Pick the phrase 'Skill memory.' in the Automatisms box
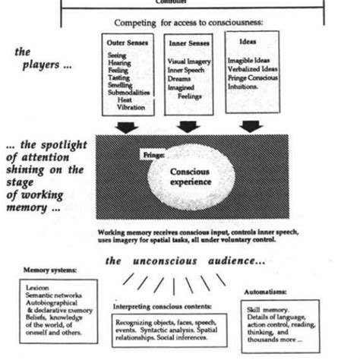[268, 310]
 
